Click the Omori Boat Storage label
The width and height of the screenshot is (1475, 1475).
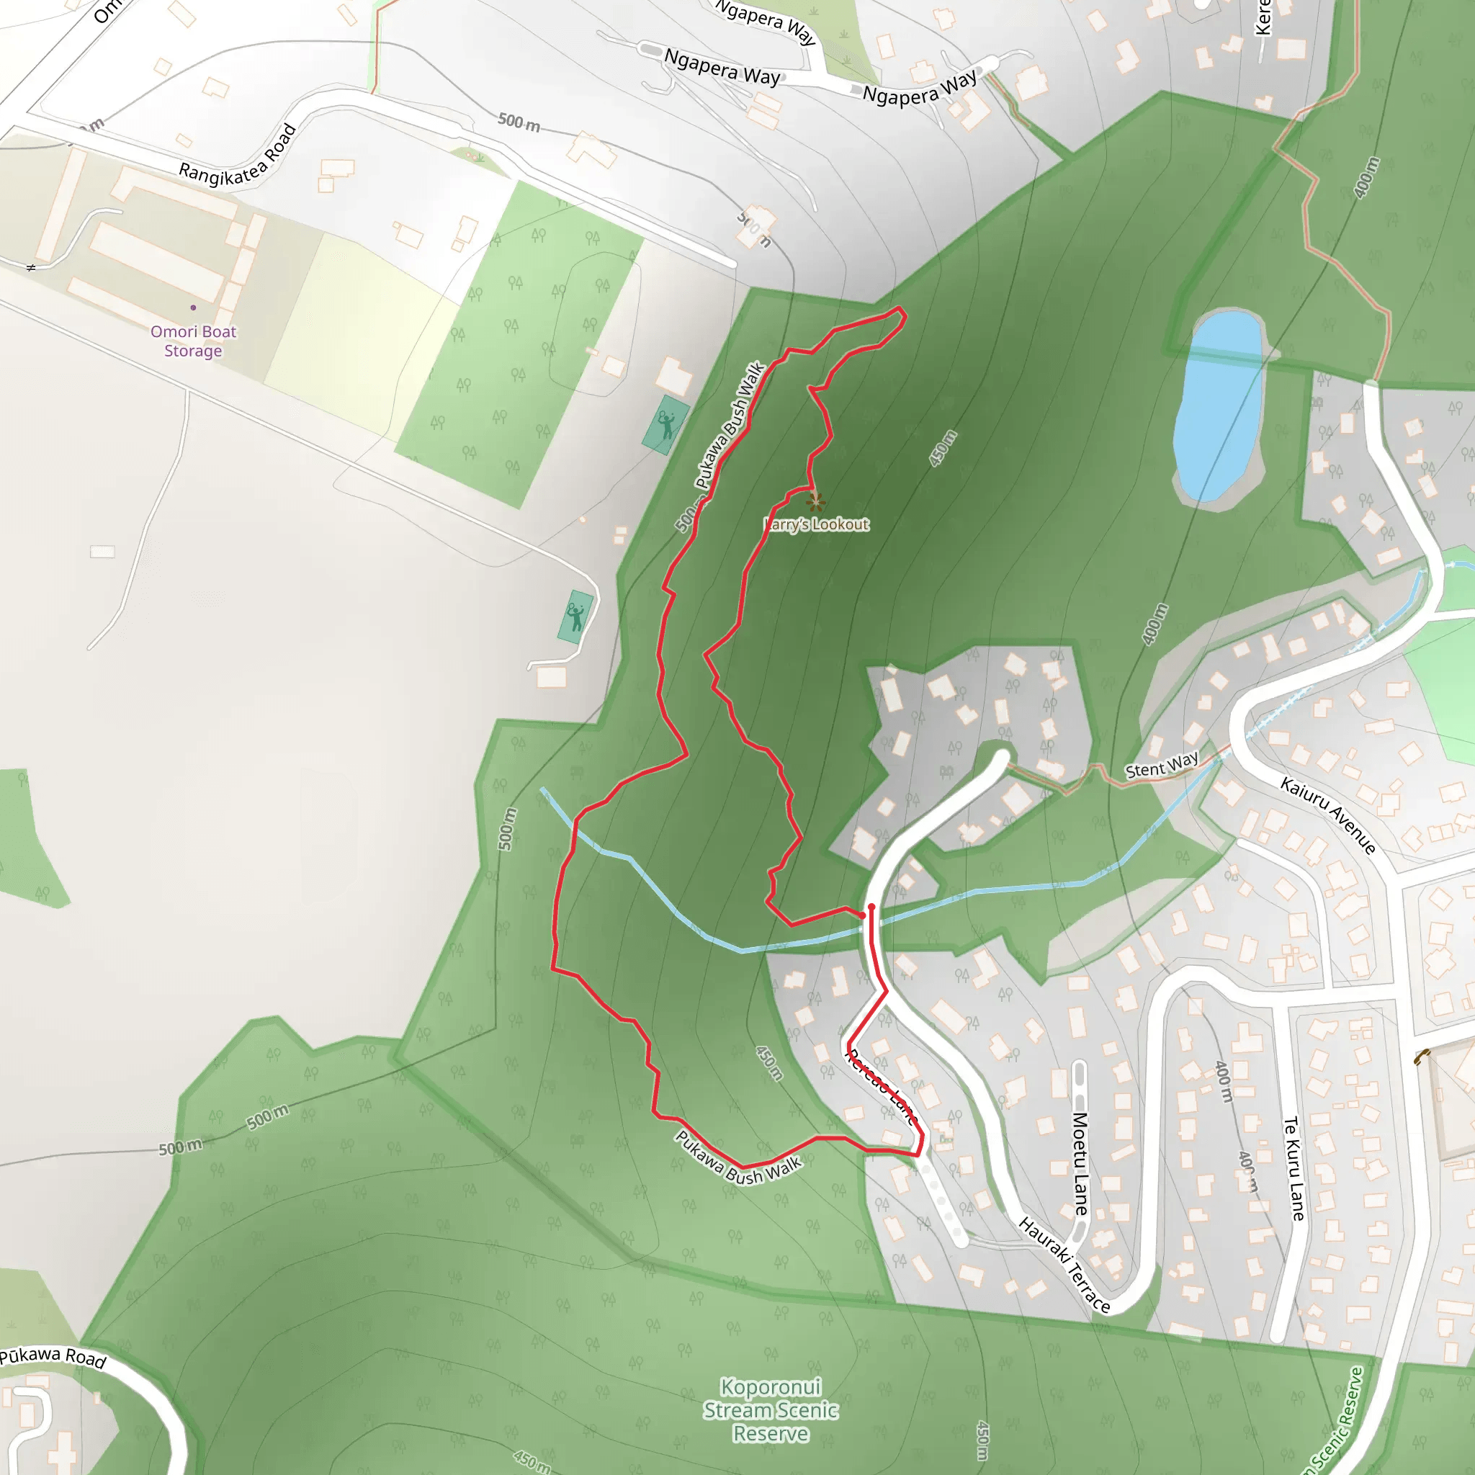pos(193,341)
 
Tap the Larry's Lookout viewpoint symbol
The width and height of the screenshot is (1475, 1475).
pos(816,501)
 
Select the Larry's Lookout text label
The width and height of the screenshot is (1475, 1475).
pos(816,524)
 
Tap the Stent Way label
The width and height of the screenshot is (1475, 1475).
pos(1162,765)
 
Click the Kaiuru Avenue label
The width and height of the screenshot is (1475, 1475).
pos(1328,815)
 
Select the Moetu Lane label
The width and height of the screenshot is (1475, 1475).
pos(1080,1164)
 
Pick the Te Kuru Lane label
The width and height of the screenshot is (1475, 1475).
pos(1294,1168)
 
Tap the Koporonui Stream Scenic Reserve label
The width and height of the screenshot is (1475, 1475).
pos(771,1410)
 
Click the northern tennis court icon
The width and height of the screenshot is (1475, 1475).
pos(665,424)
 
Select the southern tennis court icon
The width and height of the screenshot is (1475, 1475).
pos(575,616)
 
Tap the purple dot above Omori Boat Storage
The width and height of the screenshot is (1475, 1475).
pos(193,308)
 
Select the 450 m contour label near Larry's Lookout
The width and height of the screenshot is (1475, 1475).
pos(943,449)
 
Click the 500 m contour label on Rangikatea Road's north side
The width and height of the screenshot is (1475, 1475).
pos(519,122)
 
